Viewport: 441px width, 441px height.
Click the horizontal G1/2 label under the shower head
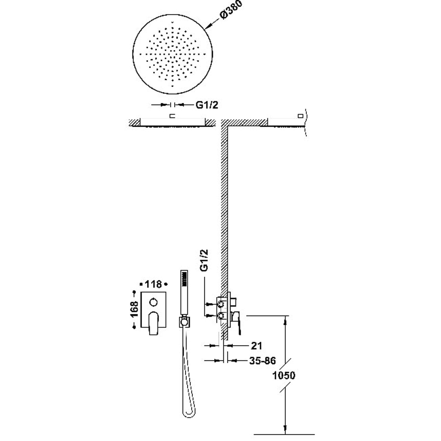(207, 105)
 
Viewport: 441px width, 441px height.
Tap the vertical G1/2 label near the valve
(204, 260)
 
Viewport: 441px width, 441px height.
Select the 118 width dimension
(153, 284)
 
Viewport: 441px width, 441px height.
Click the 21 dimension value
(256, 346)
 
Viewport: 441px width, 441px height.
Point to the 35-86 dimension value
(262, 360)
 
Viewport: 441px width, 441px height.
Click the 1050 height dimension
(284, 375)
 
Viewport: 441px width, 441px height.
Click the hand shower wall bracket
(184, 322)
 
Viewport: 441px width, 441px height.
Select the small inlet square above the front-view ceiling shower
(173, 116)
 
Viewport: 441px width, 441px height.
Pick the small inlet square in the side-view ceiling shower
(300, 116)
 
